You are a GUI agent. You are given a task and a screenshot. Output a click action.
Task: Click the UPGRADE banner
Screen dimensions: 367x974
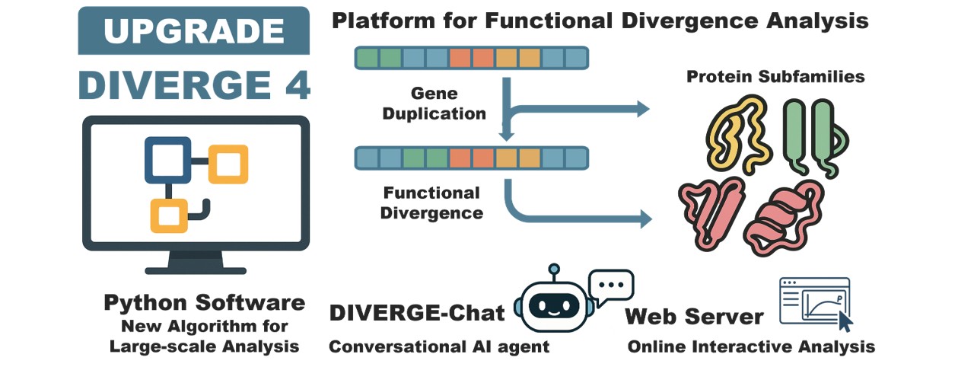[x=193, y=30]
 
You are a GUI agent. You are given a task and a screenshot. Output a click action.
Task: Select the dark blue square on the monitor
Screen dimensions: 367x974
[x=167, y=160]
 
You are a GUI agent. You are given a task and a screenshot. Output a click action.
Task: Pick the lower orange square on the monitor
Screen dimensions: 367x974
[x=169, y=214]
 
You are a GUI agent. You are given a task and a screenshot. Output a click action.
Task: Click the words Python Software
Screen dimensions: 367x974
[x=204, y=303]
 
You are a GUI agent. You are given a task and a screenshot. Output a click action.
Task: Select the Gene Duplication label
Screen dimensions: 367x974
[x=434, y=104]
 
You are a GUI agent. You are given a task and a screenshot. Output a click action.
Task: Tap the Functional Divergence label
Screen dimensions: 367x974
[x=431, y=203]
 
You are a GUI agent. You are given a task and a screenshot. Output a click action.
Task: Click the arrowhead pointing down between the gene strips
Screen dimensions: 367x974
[x=503, y=136]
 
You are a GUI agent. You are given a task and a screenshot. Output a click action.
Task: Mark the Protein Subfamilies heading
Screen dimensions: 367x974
[x=775, y=77]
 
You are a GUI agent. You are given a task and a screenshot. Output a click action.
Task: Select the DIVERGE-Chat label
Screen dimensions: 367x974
[x=417, y=313]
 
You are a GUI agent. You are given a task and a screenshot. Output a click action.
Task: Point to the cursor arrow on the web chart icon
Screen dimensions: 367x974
[x=844, y=321]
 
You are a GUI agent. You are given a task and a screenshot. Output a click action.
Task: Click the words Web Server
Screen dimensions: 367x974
[x=694, y=316]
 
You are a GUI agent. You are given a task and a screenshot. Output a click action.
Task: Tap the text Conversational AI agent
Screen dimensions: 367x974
[x=438, y=347]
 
